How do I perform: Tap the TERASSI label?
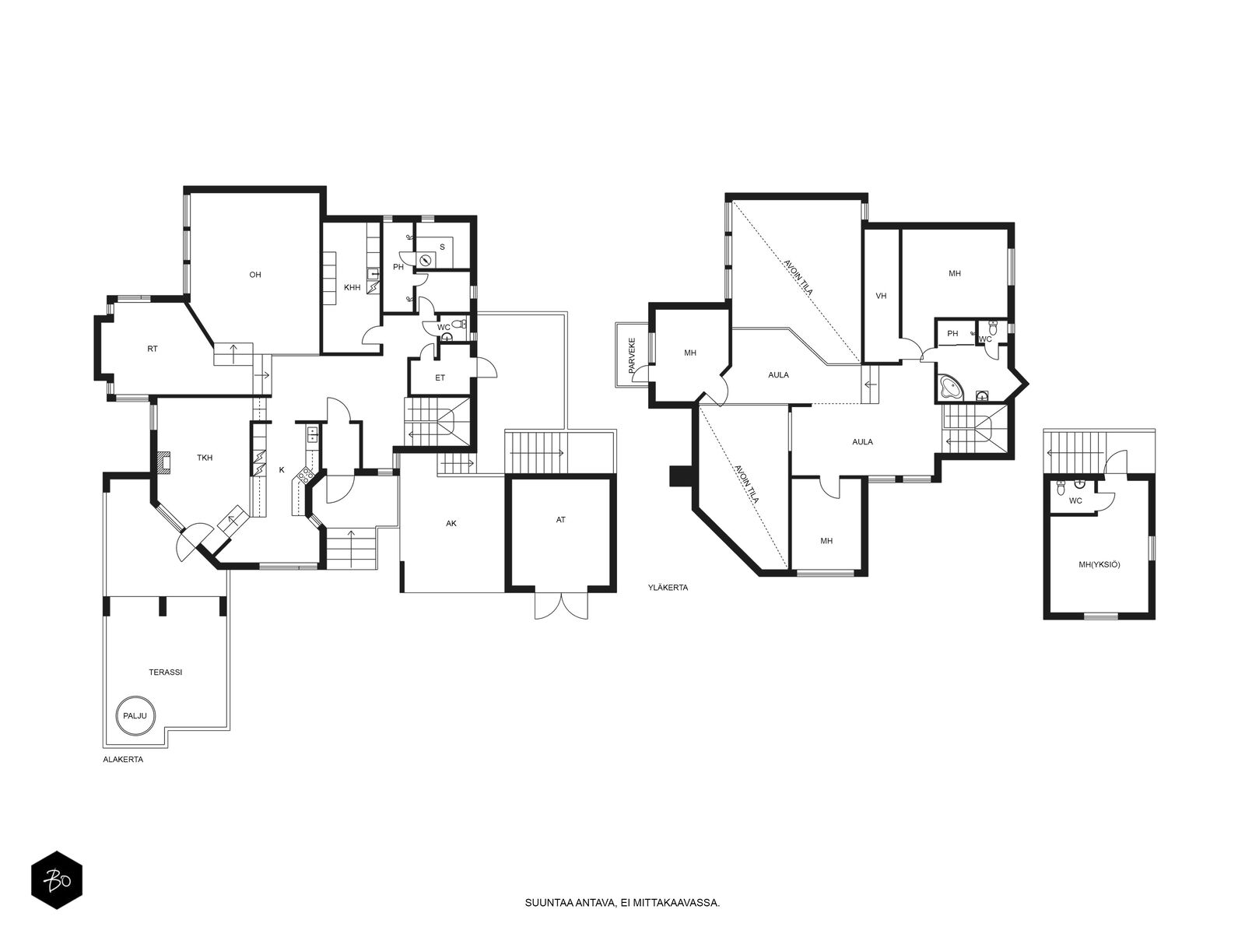click(x=166, y=672)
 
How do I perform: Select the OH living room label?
click(x=255, y=275)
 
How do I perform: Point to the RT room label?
click(x=152, y=349)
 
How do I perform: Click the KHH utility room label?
click(x=352, y=287)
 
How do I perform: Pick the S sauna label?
click(x=443, y=248)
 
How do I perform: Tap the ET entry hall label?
click(x=440, y=377)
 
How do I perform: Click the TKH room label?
click(x=205, y=458)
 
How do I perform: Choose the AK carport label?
click(x=451, y=523)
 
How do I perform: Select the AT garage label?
click(x=560, y=519)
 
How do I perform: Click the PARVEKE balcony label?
click(x=632, y=356)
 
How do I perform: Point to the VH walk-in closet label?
click(x=881, y=296)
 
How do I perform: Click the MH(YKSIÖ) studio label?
click(x=1099, y=565)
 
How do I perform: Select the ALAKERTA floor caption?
click(x=123, y=760)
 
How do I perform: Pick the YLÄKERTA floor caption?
click(x=668, y=588)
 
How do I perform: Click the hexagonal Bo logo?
click(x=57, y=881)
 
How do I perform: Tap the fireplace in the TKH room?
click(x=164, y=462)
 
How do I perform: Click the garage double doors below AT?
click(x=561, y=606)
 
